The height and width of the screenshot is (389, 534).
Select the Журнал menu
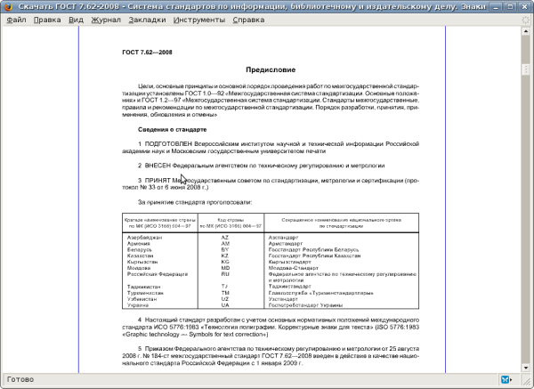106,19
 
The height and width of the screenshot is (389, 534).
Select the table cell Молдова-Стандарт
295,269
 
